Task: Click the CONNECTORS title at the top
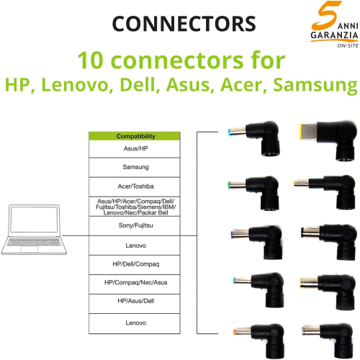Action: click(184, 24)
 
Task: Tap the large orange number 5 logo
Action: click(326, 14)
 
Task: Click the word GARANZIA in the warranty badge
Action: click(334, 35)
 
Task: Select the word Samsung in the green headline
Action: click(315, 85)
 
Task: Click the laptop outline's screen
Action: click(34, 220)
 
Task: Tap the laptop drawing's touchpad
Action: click(29, 249)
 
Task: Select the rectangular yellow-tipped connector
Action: click(328, 140)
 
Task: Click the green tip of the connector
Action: click(230, 185)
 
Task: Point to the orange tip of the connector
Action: click(235, 332)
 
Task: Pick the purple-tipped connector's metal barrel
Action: click(240, 234)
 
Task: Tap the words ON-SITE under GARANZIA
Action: click(348, 45)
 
